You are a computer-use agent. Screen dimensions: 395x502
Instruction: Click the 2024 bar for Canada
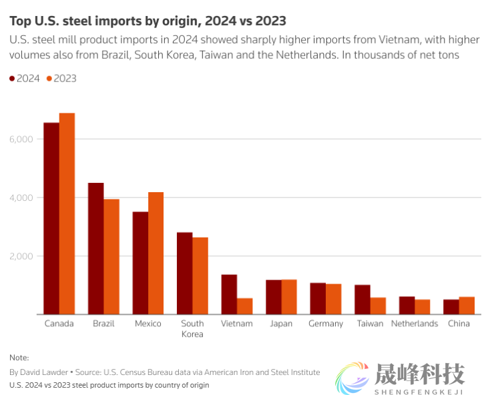click(51, 218)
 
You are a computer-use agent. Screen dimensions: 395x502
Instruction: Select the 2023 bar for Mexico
click(156, 253)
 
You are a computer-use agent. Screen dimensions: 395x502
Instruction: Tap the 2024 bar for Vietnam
click(229, 294)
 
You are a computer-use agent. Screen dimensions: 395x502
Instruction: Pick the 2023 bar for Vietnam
click(245, 306)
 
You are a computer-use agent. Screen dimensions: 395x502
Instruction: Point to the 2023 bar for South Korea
click(200, 276)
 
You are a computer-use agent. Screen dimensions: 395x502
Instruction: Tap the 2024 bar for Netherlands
click(407, 306)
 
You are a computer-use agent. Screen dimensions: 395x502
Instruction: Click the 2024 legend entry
click(24, 79)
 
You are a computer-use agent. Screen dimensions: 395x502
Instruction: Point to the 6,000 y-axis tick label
click(21, 139)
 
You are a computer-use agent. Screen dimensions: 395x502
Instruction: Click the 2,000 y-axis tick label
click(21, 256)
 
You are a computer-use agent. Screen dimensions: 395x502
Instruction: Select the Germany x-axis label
click(326, 324)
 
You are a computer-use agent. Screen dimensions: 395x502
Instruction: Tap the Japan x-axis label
click(281, 324)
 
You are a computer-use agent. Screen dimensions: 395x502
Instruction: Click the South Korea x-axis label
click(192, 328)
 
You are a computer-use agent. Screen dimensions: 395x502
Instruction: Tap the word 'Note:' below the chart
click(19, 358)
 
